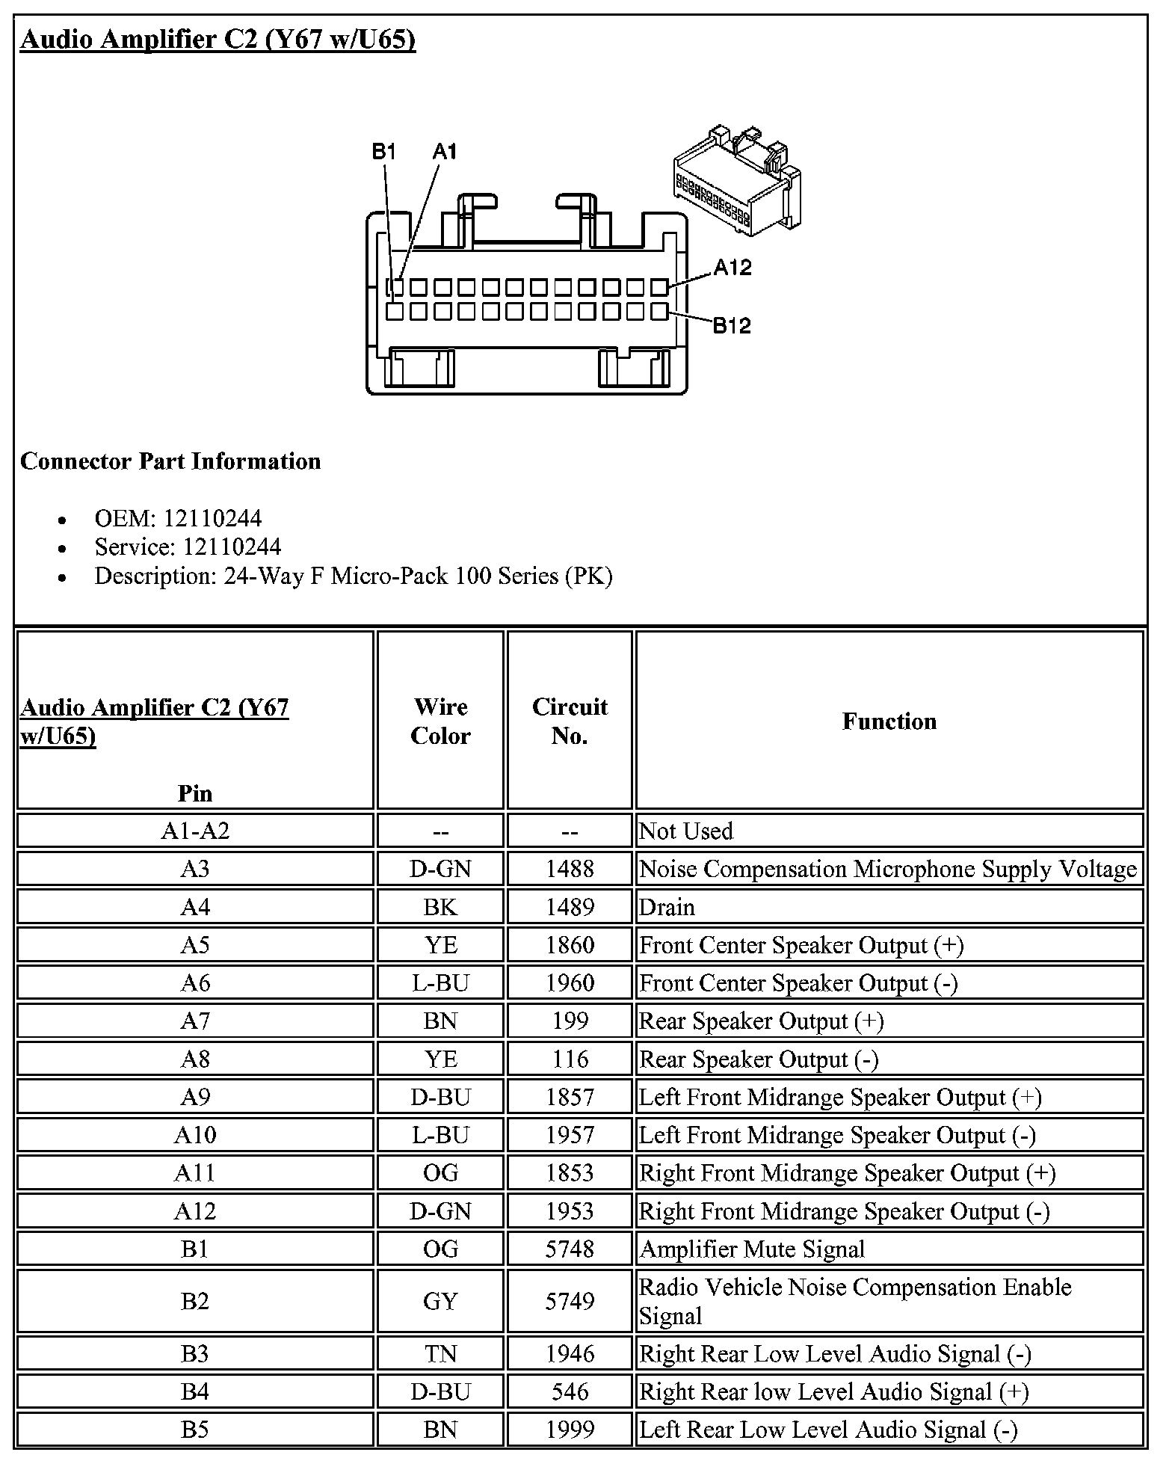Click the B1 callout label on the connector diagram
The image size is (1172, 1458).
tap(383, 152)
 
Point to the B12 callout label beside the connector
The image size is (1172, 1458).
tap(731, 325)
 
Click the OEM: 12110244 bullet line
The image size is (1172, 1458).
tap(178, 518)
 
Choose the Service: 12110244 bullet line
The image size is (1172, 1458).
tap(188, 547)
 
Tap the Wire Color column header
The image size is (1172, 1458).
tap(440, 721)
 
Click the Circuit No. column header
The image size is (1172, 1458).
tap(570, 721)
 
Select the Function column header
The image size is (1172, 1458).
tap(889, 721)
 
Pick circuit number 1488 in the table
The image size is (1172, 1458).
tap(570, 869)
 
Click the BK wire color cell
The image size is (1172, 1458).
tap(440, 907)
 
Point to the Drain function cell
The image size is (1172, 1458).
tap(667, 907)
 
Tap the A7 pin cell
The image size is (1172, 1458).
tap(195, 1021)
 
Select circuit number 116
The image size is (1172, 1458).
tap(570, 1059)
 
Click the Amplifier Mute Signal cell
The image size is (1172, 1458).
tap(752, 1249)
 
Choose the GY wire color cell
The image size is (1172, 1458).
tap(440, 1301)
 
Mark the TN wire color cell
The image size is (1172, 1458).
tap(440, 1353)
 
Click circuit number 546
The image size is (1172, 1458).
tap(570, 1391)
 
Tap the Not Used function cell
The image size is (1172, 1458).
tap(686, 831)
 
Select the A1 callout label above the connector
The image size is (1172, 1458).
tap(444, 152)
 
